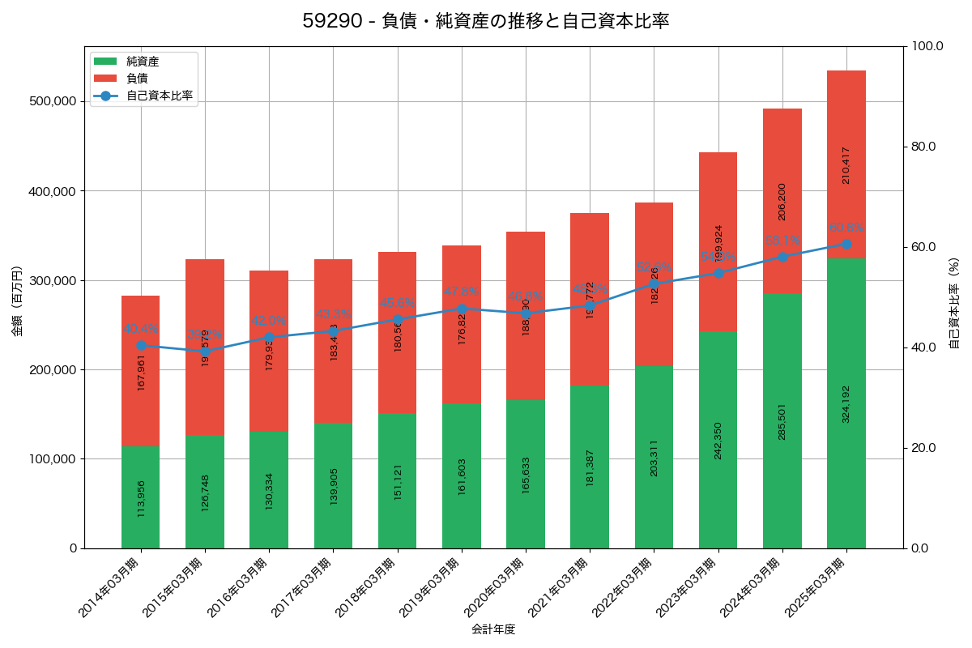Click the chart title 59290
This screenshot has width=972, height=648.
coord(486,21)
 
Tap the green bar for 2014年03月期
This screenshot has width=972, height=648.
coord(141,497)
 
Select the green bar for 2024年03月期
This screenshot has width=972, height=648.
coord(782,420)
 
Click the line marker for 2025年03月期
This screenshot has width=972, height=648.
coord(846,244)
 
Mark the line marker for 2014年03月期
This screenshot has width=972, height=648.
coord(141,345)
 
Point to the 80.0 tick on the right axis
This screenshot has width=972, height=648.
coord(923,147)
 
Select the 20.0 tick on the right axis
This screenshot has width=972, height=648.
coord(923,448)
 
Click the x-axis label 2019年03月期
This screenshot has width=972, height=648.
coord(434,588)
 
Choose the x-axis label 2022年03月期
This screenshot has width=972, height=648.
coord(627,588)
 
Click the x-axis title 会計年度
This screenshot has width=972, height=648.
coord(493,629)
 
